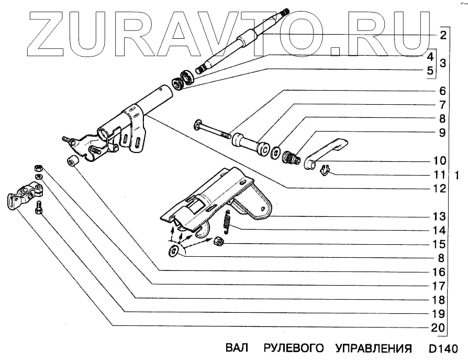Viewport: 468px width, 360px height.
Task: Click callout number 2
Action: click(x=443, y=36)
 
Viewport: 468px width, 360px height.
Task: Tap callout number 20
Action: click(x=440, y=329)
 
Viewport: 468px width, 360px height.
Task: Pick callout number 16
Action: click(x=440, y=272)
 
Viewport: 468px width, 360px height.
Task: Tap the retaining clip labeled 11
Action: click(x=324, y=169)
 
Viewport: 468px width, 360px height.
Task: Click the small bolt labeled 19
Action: click(x=38, y=210)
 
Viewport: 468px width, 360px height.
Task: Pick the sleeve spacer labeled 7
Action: click(x=251, y=145)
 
